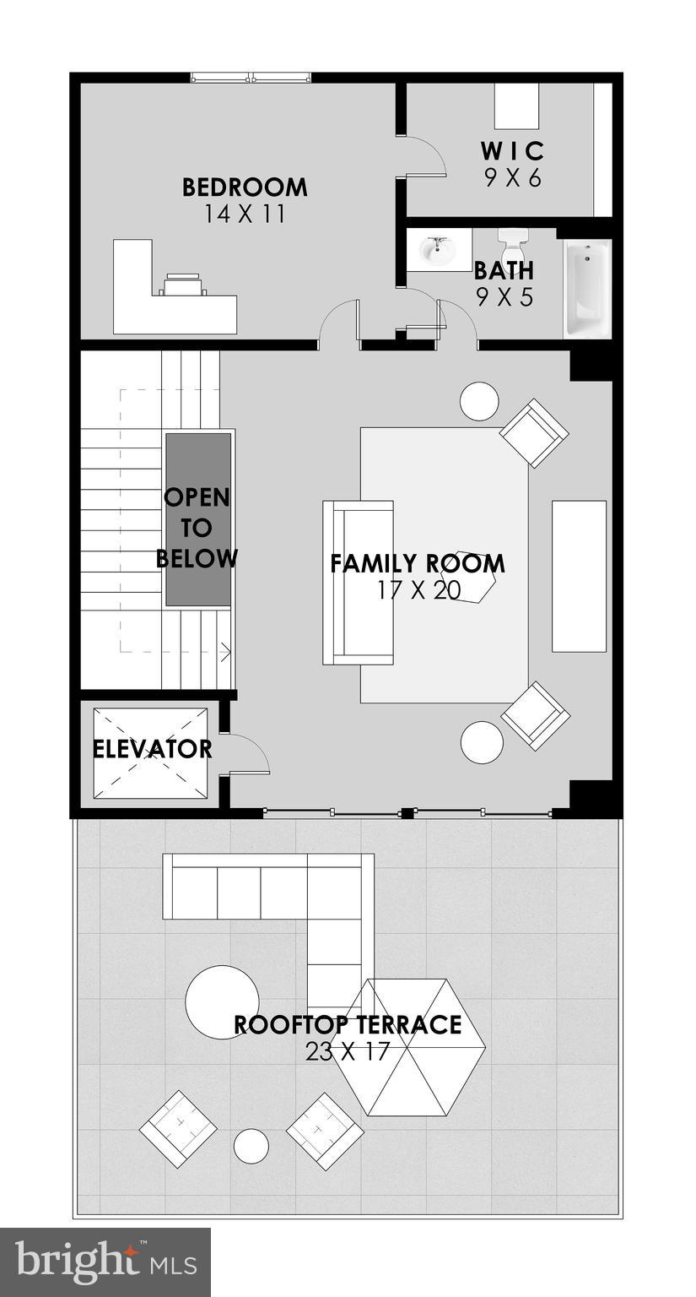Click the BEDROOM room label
245,187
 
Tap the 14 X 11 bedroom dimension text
245,214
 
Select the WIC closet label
512,151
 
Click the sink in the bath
437,249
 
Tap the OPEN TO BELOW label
197,528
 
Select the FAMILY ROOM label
418,563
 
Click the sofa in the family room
358,583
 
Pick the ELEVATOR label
152,749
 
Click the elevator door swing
247,754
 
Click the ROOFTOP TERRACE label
348,1024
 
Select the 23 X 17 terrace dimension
348,1051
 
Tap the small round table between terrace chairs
251,1146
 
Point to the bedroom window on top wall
251,78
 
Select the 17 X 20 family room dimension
418,590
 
